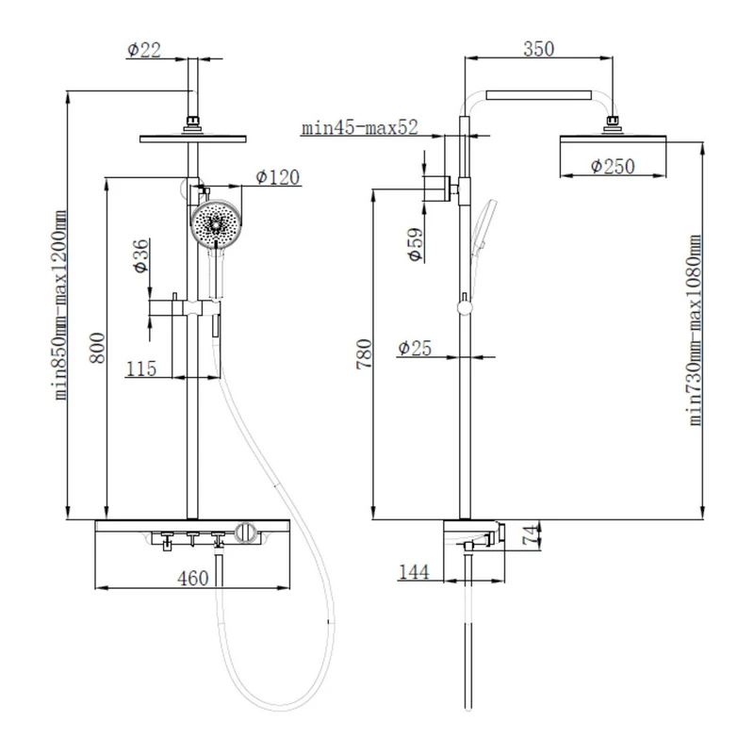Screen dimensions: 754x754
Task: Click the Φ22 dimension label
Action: [x=144, y=50]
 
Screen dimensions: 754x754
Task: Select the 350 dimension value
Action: [x=538, y=49]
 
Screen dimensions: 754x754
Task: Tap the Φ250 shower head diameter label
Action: [x=613, y=167]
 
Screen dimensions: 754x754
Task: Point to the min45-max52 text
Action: [x=360, y=128]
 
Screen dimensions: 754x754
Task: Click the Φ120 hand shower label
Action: [x=277, y=177]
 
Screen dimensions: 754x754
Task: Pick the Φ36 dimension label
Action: [x=141, y=255]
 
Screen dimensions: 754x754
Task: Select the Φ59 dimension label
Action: [x=416, y=244]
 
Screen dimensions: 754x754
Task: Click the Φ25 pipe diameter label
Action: [x=415, y=348]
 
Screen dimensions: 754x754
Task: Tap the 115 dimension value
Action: [x=141, y=369]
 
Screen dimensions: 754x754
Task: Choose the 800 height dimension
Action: [x=98, y=348]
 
